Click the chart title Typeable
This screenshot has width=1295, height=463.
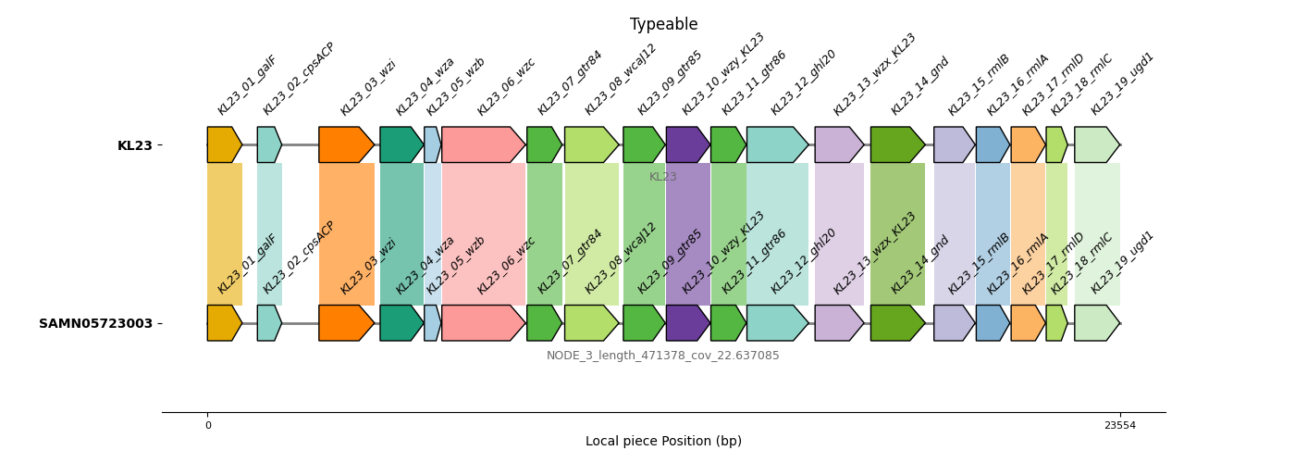[663, 25]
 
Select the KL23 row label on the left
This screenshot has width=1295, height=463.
[134, 145]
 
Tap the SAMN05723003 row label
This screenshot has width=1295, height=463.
[95, 324]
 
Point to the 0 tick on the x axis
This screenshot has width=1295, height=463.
[207, 426]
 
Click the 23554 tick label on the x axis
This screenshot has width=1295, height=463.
[1119, 426]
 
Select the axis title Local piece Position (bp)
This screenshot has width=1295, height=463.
[663, 442]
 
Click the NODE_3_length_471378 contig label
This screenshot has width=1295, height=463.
[662, 356]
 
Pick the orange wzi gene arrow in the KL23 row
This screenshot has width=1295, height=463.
[346, 145]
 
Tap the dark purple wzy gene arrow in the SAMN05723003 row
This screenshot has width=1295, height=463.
[687, 323]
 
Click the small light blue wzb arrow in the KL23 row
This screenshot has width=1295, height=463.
[432, 145]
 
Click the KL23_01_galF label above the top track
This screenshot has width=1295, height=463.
[247, 85]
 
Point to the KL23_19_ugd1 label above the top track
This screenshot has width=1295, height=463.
[1122, 84]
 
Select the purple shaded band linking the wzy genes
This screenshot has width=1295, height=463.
[688, 234]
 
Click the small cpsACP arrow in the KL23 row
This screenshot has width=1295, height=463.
[269, 145]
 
